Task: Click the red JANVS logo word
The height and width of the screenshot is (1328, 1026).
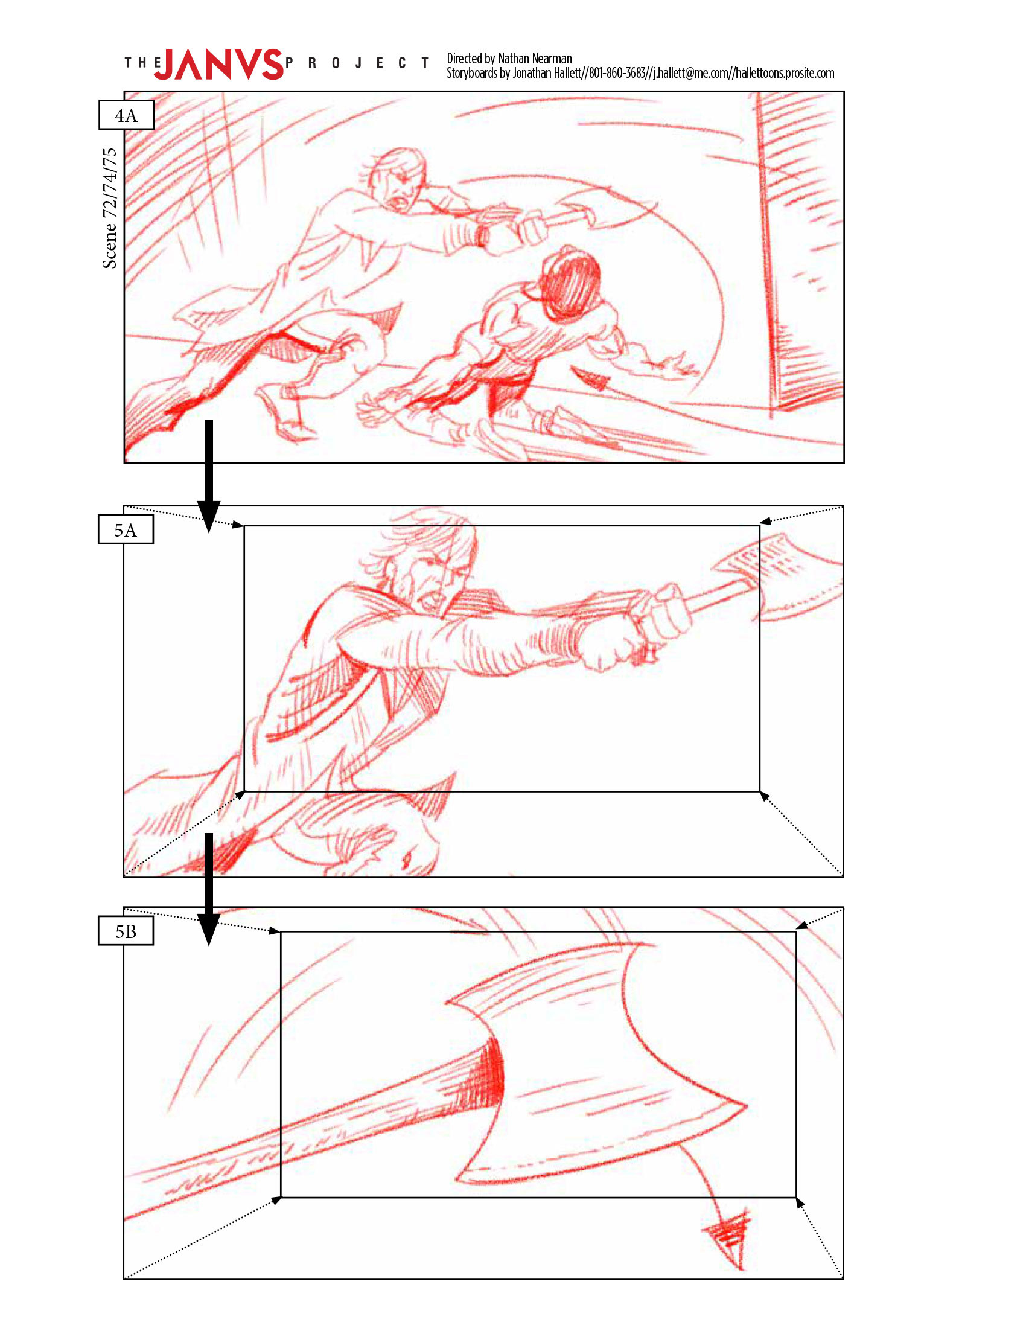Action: coord(219,64)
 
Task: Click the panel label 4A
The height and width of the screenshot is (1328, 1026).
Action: coord(126,115)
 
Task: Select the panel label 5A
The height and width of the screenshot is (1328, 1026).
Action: coord(126,529)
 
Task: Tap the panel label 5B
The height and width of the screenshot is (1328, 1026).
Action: coord(126,931)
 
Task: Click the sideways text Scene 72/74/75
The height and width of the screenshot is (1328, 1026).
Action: coord(109,208)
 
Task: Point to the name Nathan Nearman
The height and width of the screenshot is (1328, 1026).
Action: coord(535,59)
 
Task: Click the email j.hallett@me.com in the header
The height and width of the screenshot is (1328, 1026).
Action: coord(691,73)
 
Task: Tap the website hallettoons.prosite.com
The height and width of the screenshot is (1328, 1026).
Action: coord(785,73)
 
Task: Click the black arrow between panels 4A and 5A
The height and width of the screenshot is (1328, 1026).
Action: coord(208,476)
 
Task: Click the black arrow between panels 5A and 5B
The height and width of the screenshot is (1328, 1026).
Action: coord(208,889)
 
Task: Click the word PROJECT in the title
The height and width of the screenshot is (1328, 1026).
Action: coord(357,63)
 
